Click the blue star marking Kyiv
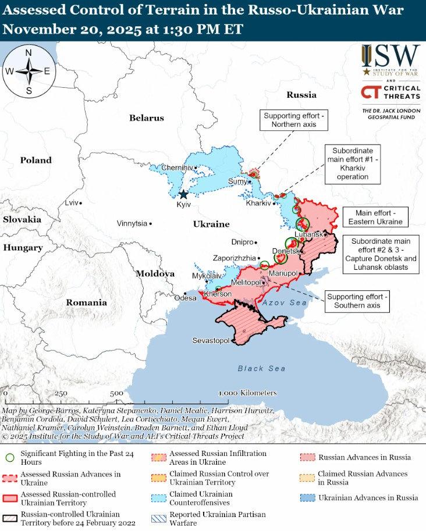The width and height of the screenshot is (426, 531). [x=184, y=194]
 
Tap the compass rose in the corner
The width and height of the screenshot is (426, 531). [x=29, y=72]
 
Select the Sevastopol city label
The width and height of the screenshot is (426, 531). [x=211, y=340]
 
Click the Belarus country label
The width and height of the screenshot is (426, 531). [x=146, y=118]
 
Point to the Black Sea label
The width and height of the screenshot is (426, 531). [x=261, y=368]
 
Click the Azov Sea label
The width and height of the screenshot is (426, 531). [x=284, y=303]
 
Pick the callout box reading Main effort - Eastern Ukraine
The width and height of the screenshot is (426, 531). [x=375, y=217]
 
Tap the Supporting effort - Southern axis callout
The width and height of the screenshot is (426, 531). [x=357, y=301]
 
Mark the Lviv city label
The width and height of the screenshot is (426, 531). [x=71, y=203]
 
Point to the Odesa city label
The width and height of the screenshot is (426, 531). [x=186, y=298]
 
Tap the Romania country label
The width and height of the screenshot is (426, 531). [x=86, y=302]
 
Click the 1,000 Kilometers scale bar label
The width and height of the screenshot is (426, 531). [x=247, y=393]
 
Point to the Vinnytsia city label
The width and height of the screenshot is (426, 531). [x=132, y=223]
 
